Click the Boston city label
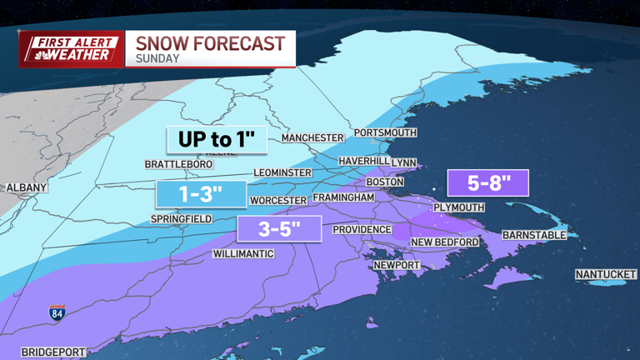click(x=384, y=182)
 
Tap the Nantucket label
click(x=606, y=274)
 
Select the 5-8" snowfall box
click(x=488, y=182)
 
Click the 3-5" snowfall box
click(x=279, y=228)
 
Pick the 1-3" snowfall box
click(x=201, y=194)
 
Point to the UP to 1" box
click(x=217, y=139)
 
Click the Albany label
click(x=27, y=187)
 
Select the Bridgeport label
click(x=53, y=352)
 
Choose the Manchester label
click(x=312, y=137)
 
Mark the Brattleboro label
click(x=178, y=164)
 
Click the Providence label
click(x=362, y=229)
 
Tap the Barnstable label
click(x=533, y=235)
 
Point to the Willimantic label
click(x=243, y=253)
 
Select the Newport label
click(x=396, y=265)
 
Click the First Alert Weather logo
click(x=71, y=48)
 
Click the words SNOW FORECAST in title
click(x=210, y=43)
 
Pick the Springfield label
click(x=181, y=219)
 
